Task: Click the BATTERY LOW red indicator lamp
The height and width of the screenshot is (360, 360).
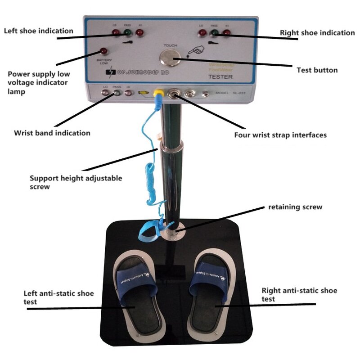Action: [x=104, y=51]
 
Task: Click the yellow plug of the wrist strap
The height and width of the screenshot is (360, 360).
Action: [x=158, y=94]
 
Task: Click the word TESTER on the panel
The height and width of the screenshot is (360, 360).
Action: [x=220, y=77]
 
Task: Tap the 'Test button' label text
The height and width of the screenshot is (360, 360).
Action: [x=317, y=70]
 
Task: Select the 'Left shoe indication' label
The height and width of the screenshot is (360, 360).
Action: [x=39, y=31]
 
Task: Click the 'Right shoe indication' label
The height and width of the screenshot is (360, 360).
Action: [x=317, y=33]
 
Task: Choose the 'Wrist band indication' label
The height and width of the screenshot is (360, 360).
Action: [x=52, y=133]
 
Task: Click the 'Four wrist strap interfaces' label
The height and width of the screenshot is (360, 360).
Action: [x=280, y=135]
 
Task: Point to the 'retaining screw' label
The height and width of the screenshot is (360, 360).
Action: [x=295, y=207]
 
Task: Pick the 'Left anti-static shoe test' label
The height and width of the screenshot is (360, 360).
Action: [x=58, y=297]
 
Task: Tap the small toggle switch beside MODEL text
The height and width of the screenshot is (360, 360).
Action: [x=205, y=94]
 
